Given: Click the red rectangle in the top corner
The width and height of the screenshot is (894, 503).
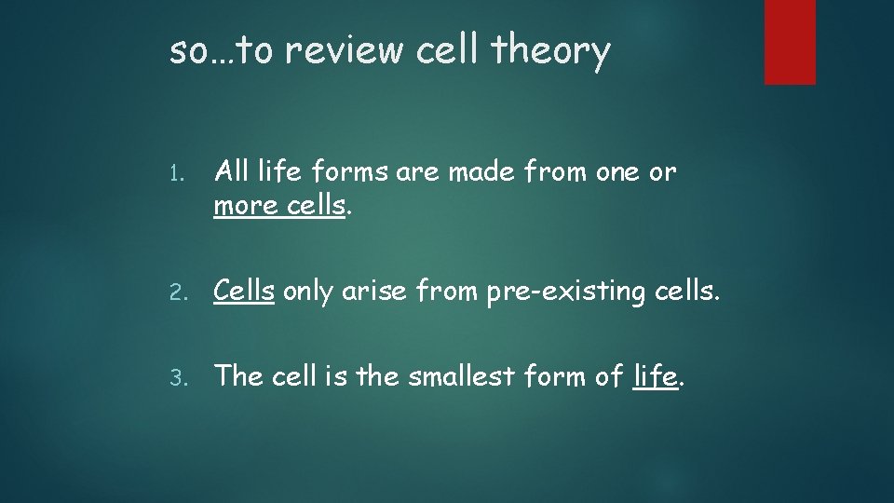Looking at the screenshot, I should [790, 42].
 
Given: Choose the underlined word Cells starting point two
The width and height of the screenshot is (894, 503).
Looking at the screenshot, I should [244, 291].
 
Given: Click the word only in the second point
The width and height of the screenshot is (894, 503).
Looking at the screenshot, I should [307, 291].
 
